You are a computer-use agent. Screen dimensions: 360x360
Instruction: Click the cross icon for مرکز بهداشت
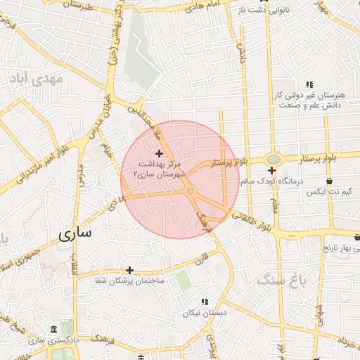tap(159, 153)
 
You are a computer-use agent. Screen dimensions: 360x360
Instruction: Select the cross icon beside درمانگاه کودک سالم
tap(271, 171)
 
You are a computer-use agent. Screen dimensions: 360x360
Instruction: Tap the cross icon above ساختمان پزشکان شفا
tap(129, 270)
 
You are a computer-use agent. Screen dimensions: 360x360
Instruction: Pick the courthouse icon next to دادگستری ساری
tap(54, 330)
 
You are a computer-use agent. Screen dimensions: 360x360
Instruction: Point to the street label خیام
tap(107, 150)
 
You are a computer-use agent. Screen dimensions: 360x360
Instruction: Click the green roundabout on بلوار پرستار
tap(272, 159)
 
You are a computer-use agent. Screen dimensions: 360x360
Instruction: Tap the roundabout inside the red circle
tap(190, 191)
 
